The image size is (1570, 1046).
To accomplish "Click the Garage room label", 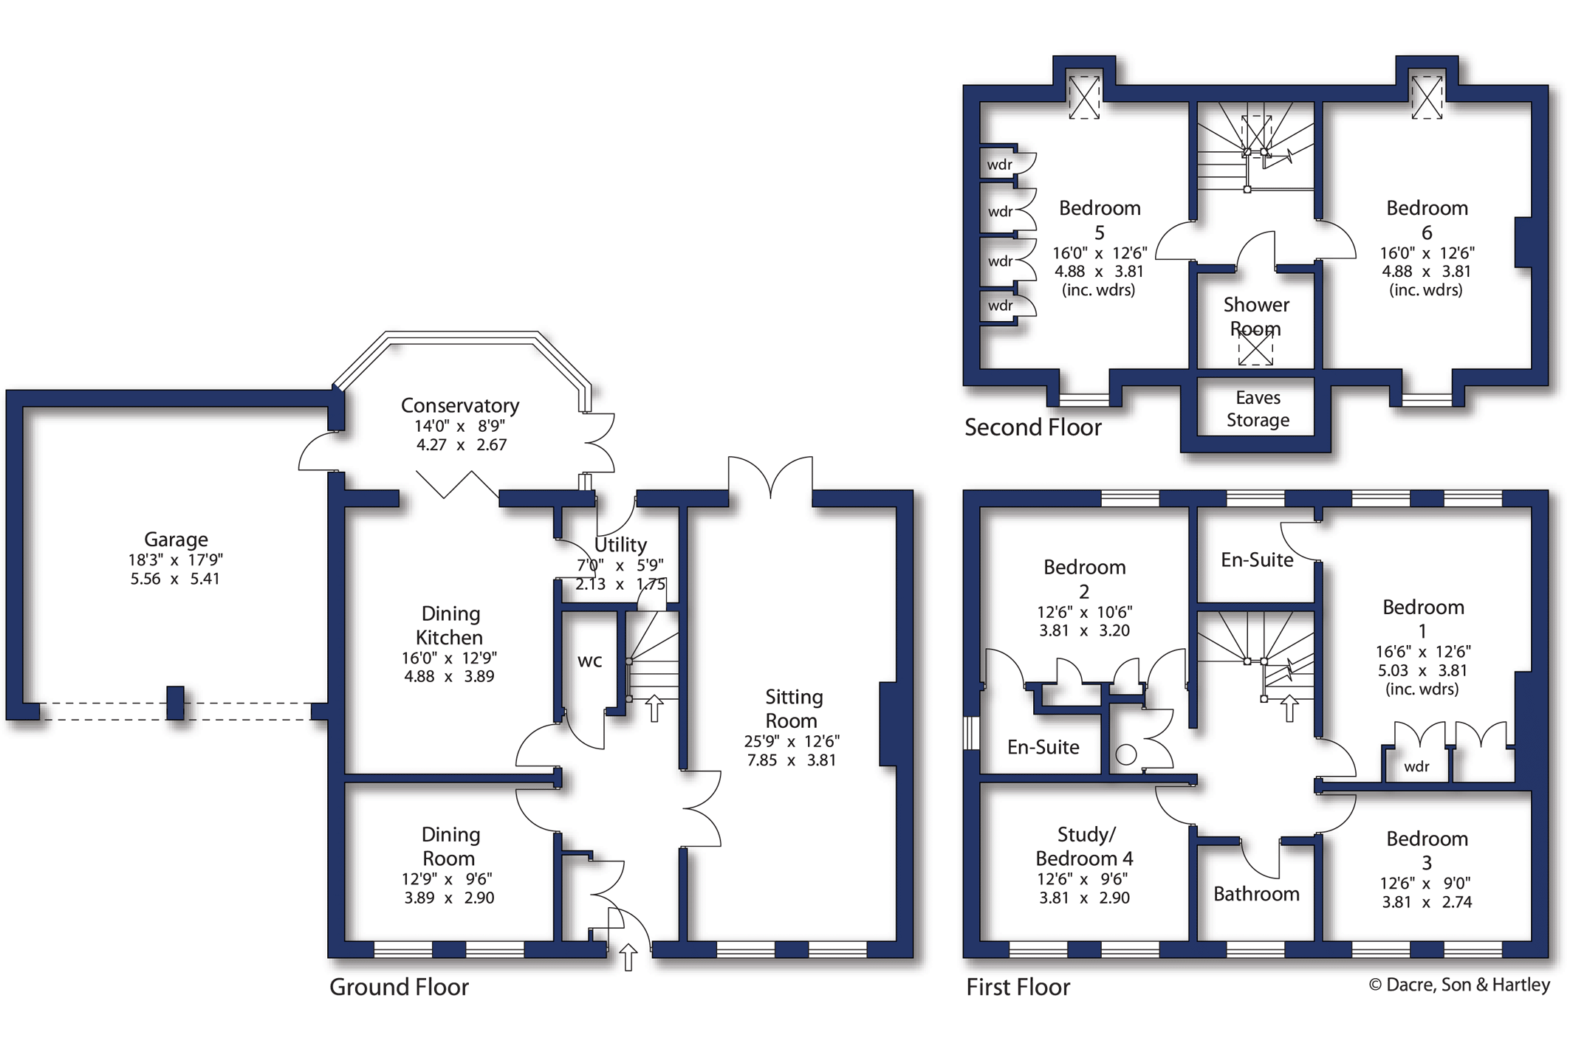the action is click(176, 540).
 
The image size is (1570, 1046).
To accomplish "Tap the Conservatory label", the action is click(460, 406).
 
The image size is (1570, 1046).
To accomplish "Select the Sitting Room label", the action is click(793, 709).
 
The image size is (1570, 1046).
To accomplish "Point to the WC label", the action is click(589, 661).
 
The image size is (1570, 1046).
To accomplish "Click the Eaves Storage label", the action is click(1258, 409).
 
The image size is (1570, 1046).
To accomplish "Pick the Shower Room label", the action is click(1256, 316).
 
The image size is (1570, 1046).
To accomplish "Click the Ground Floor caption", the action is click(399, 987).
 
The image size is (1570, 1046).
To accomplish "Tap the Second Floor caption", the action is click(1032, 427).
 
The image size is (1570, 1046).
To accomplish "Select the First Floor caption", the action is click(1018, 987).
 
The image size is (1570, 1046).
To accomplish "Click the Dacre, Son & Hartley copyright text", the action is click(1459, 985).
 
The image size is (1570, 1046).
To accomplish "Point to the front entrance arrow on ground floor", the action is click(628, 957).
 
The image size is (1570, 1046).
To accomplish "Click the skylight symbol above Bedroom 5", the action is click(1084, 97).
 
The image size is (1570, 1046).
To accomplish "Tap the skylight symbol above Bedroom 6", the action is click(1427, 97).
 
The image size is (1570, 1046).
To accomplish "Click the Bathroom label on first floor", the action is click(1256, 894).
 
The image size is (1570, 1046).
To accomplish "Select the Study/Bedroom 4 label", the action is click(1084, 847).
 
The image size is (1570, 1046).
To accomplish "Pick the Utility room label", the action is click(620, 545).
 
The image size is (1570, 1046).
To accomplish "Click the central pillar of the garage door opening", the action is click(175, 702).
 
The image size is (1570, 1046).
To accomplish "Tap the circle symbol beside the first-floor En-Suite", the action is click(1126, 754).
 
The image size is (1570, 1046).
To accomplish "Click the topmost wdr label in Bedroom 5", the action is click(1000, 165).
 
